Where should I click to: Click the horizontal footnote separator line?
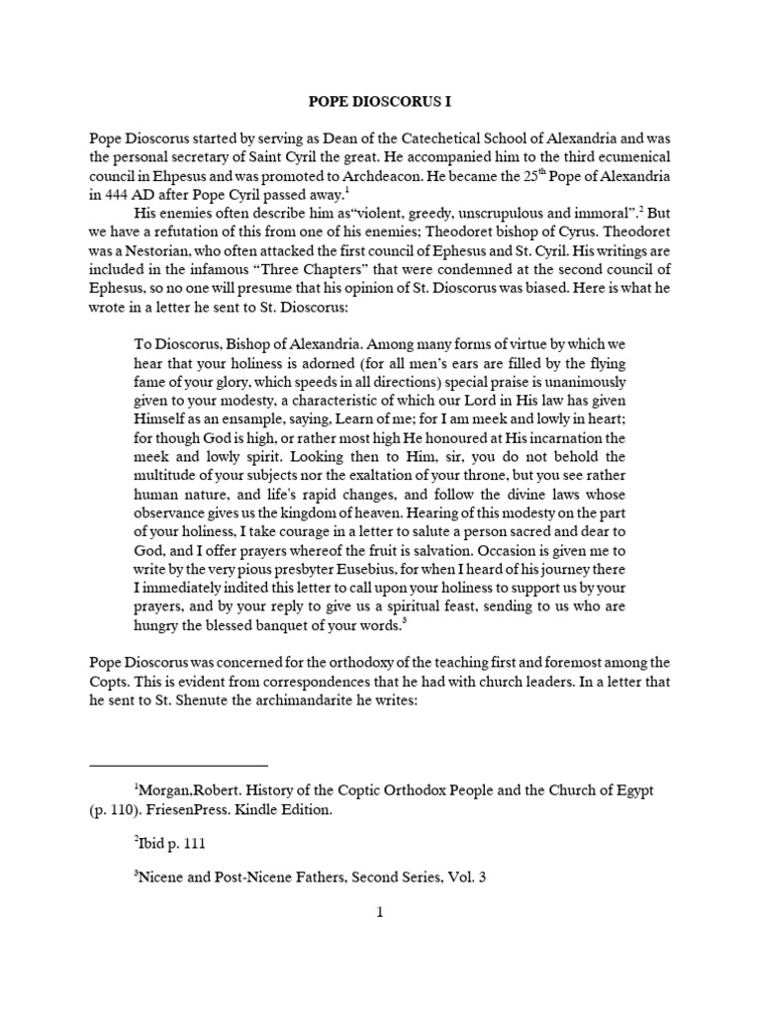click(178, 765)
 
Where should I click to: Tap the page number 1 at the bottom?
click(379, 913)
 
